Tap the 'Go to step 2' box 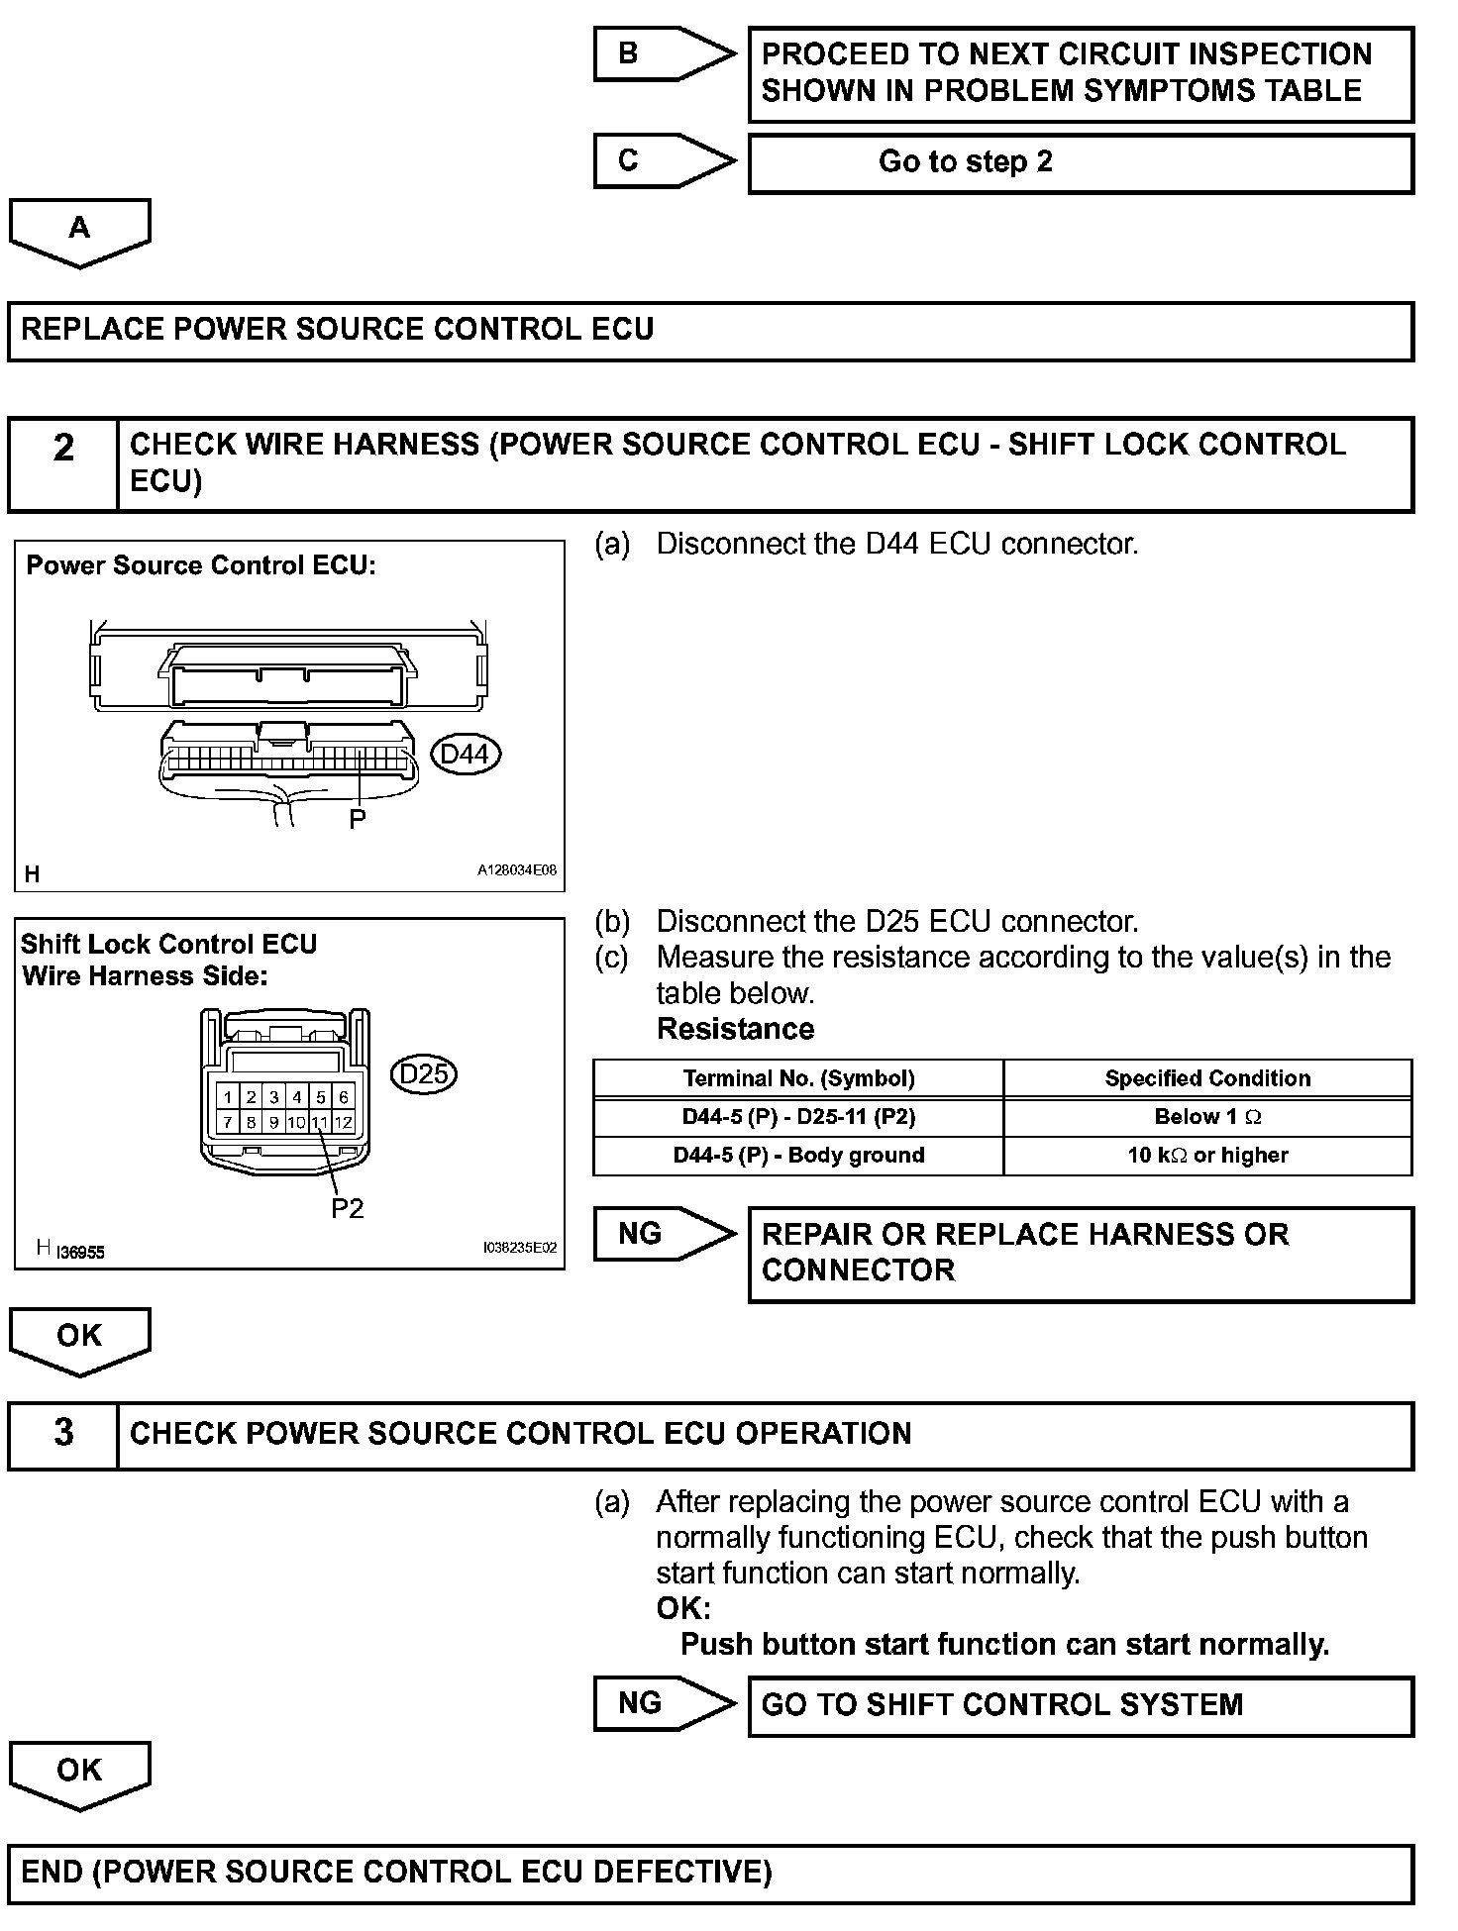pos(1080,163)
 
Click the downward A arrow pos(79,232)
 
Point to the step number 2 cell pos(63,463)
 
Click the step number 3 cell pos(63,1435)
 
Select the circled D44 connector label pos(466,755)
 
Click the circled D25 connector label pos(424,1074)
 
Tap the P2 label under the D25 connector pos(348,1208)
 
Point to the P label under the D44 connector pos(358,819)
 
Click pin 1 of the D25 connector pos(228,1097)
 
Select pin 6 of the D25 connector pos(344,1097)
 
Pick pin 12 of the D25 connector pos(344,1122)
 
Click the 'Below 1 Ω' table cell pos(1207,1117)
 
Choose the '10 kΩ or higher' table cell pos(1207,1156)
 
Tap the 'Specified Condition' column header pos(1207,1078)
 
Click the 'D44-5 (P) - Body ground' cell pos(798,1156)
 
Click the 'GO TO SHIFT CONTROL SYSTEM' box pos(1080,1705)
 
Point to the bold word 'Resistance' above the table pos(735,1029)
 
